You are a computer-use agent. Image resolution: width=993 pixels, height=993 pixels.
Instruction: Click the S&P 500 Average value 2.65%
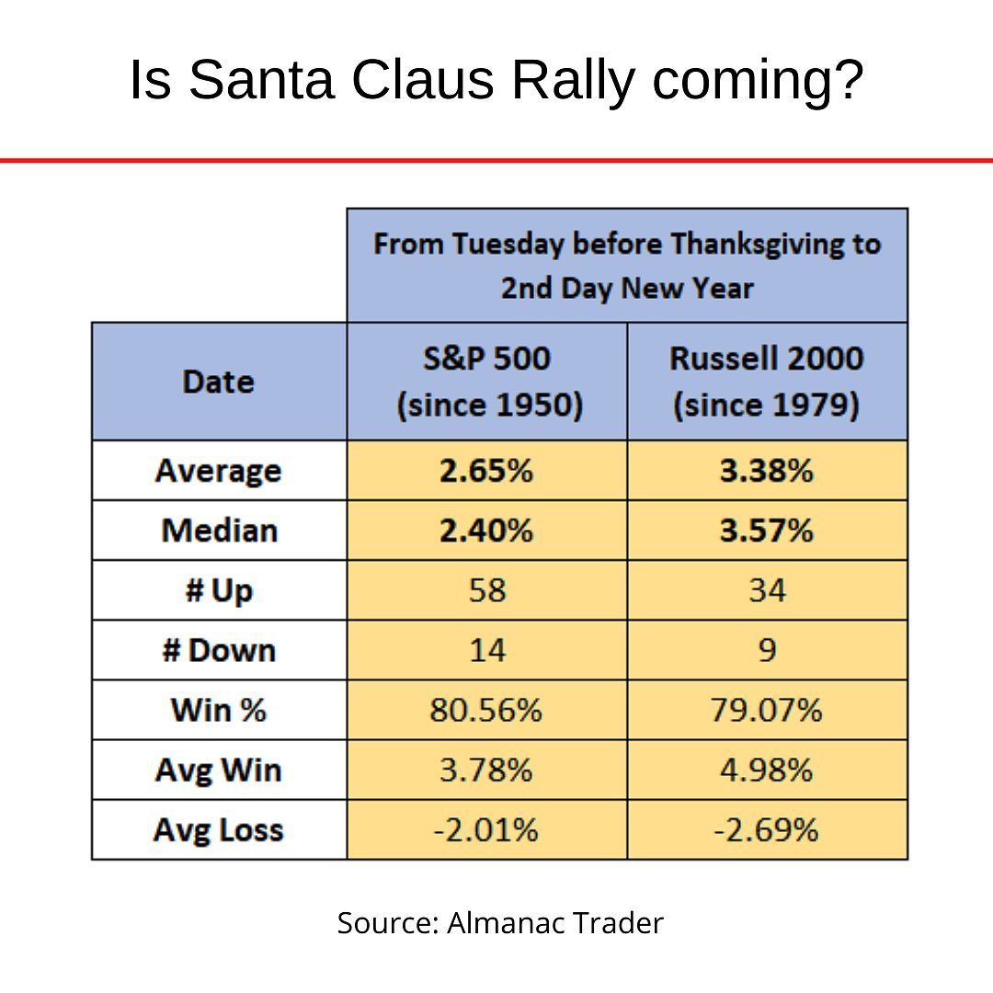486,471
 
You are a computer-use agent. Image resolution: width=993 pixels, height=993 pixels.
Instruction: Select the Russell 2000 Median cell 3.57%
767,531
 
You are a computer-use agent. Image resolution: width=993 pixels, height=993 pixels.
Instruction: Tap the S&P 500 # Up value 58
486,590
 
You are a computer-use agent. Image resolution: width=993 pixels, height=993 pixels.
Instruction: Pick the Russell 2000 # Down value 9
767,650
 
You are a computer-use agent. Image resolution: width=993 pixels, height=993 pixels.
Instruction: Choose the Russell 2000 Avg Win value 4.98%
767,770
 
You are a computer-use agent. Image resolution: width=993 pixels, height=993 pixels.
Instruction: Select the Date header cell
219,382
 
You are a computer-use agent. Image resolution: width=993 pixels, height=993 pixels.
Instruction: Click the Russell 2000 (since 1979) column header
767,382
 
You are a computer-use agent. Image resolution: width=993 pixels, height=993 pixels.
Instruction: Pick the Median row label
219,531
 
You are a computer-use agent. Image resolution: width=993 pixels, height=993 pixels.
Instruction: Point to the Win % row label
219,710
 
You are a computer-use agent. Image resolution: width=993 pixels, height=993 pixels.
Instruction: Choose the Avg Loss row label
219,830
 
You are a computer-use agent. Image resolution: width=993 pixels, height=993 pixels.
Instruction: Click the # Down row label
219,650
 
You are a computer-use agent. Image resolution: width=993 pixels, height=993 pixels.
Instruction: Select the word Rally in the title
572,80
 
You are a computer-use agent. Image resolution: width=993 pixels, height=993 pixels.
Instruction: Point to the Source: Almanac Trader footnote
499,922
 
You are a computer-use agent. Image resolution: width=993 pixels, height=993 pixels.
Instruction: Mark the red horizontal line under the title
496,161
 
